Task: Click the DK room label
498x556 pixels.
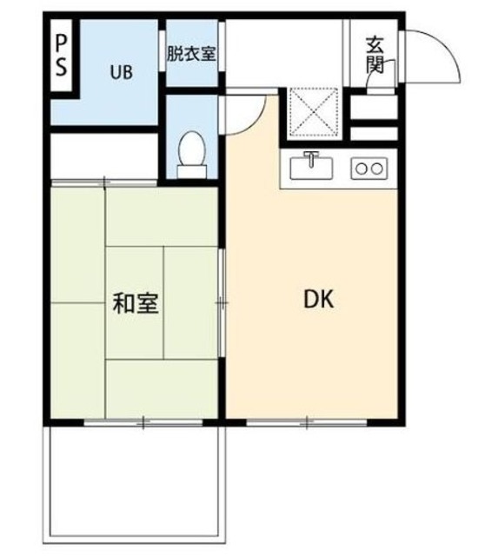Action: click(318, 300)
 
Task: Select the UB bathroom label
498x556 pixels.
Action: click(121, 73)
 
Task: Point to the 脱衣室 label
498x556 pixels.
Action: click(192, 52)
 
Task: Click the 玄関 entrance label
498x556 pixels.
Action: click(375, 53)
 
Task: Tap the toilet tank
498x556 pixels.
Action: click(192, 170)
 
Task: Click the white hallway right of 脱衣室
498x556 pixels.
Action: click(282, 52)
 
